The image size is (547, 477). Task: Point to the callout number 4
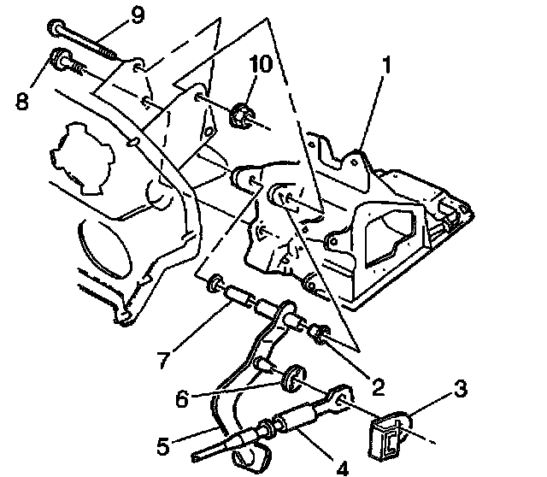click(x=342, y=467)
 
